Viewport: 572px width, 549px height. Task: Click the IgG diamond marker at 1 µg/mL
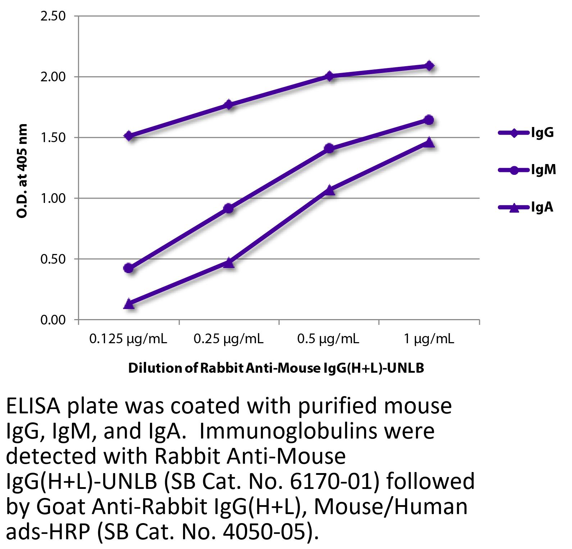429,66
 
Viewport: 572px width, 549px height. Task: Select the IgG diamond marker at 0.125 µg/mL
129,136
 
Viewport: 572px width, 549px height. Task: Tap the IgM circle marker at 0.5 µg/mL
329,148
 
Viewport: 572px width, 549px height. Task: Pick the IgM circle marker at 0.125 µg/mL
129,268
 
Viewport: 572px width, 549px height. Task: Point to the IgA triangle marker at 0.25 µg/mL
229,263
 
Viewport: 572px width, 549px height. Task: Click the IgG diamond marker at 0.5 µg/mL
329,76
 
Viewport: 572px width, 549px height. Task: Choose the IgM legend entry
527,170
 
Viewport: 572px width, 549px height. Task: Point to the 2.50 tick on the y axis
53,16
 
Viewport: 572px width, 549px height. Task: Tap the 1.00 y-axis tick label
53,198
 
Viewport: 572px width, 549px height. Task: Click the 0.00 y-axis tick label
53,320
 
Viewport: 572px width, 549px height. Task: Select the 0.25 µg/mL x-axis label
228,339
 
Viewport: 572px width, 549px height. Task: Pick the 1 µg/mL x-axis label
429,339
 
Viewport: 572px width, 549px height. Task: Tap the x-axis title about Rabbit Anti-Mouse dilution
276,368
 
